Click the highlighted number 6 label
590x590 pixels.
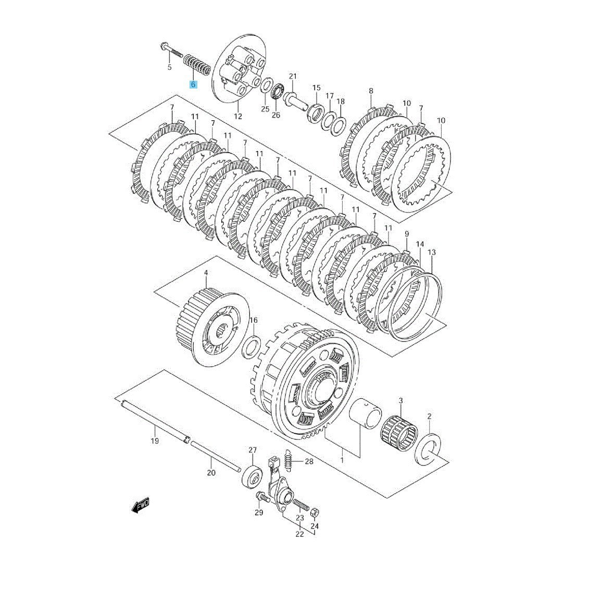coord(193,84)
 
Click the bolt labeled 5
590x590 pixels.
coord(171,52)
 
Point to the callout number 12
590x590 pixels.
coord(238,116)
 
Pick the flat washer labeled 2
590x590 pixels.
coord(428,449)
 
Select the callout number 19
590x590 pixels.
coord(155,441)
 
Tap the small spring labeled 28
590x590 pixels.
coord(288,460)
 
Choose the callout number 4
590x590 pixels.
coord(206,272)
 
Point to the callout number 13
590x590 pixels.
coord(432,252)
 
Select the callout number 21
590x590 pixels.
coord(293,76)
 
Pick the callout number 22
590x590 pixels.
coord(299,534)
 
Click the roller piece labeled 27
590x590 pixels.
coord(253,475)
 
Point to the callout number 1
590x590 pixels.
coord(342,460)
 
